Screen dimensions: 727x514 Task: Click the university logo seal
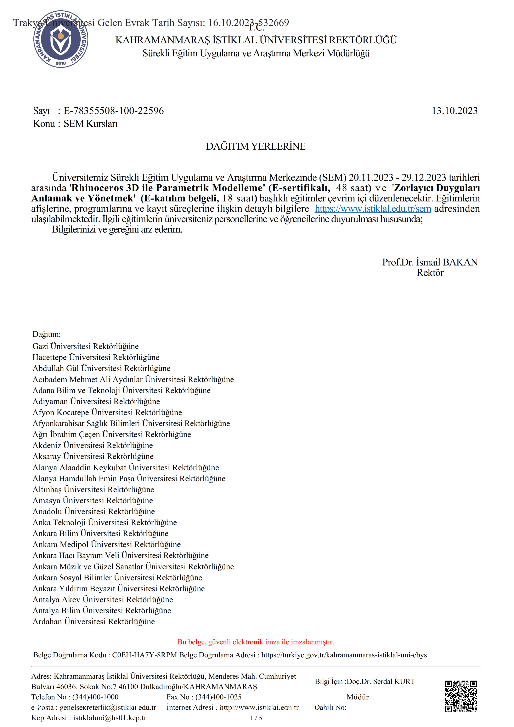click(61, 39)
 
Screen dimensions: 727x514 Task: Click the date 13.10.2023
click(454, 111)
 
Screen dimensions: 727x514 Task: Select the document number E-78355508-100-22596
click(114, 111)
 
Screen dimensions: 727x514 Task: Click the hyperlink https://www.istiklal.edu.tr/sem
click(373, 209)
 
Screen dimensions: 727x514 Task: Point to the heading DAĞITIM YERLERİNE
click(256, 146)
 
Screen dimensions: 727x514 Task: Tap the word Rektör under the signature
click(430, 273)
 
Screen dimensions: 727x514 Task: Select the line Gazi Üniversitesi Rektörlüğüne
click(85, 346)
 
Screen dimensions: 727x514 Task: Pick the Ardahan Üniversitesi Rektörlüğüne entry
click(94, 622)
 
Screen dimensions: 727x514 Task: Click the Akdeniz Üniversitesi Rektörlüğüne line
click(93, 446)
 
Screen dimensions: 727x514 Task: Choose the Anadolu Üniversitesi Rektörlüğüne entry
click(94, 511)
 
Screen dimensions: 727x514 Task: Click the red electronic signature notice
click(256, 642)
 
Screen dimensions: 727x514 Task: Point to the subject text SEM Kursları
click(91, 124)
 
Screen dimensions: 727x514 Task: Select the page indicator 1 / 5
click(256, 718)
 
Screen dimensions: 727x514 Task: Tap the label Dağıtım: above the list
click(47, 334)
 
